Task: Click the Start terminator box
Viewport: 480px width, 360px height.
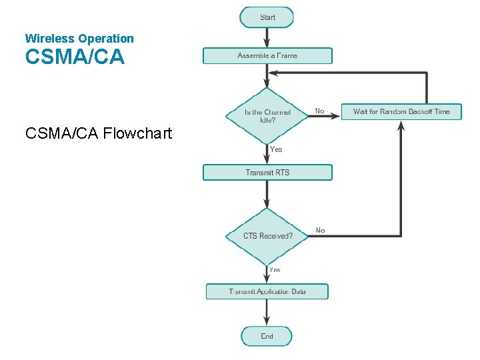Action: click(x=267, y=17)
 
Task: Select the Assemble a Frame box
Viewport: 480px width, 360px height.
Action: click(x=267, y=56)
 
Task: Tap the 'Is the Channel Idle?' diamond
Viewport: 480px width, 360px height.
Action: click(x=267, y=115)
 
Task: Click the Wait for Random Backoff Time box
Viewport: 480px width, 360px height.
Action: click(x=401, y=111)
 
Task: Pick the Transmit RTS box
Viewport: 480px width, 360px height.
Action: click(x=267, y=173)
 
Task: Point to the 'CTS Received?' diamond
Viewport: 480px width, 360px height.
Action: click(x=267, y=236)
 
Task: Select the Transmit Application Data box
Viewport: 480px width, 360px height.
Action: click(x=267, y=291)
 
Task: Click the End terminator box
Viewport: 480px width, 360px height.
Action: click(x=267, y=336)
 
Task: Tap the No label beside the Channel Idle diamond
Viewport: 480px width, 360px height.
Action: click(x=320, y=111)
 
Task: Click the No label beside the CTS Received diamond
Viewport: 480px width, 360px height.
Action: click(x=321, y=230)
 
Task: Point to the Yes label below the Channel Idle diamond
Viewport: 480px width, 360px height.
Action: click(x=276, y=149)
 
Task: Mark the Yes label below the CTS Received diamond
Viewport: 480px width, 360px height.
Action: click(x=275, y=270)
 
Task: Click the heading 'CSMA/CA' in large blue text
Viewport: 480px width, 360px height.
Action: click(x=75, y=57)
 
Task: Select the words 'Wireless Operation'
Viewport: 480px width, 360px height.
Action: click(x=79, y=39)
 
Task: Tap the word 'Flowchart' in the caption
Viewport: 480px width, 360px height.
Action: click(x=137, y=133)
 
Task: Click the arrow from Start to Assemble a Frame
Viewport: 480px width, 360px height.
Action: click(x=267, y=37)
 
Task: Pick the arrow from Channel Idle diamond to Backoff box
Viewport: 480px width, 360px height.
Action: click(x=325, y=115)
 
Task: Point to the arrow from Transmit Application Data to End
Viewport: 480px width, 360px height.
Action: click(x=267, y=312)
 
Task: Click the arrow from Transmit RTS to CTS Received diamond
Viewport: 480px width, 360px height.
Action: click(x=267, y=194)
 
